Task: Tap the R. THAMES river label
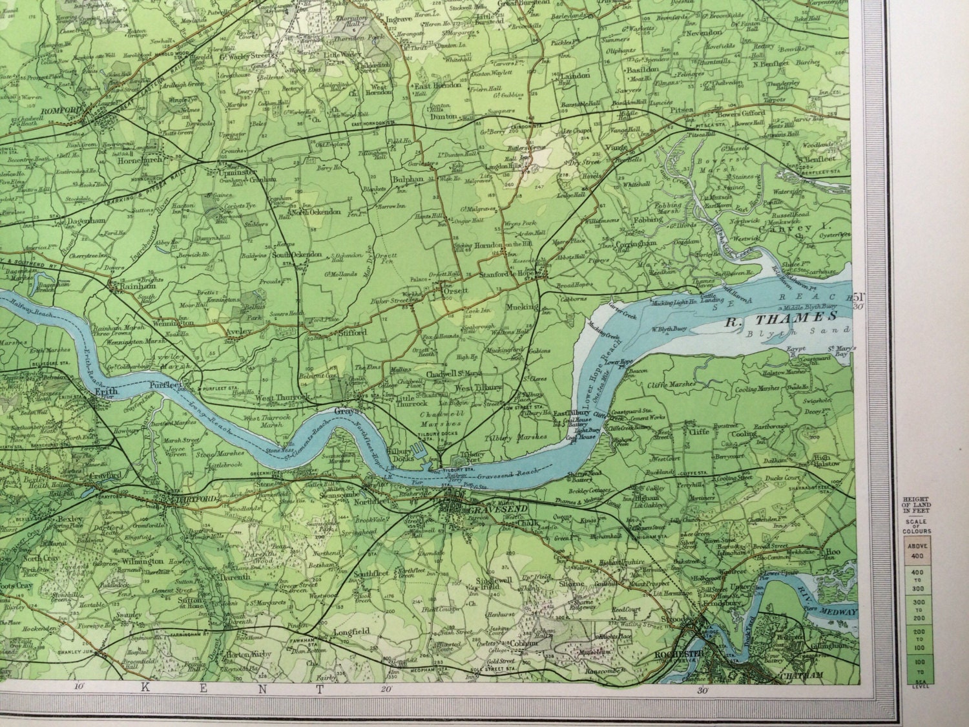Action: coord(780,317)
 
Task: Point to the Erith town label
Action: coord(104,391)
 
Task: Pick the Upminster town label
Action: coord(225,174)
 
